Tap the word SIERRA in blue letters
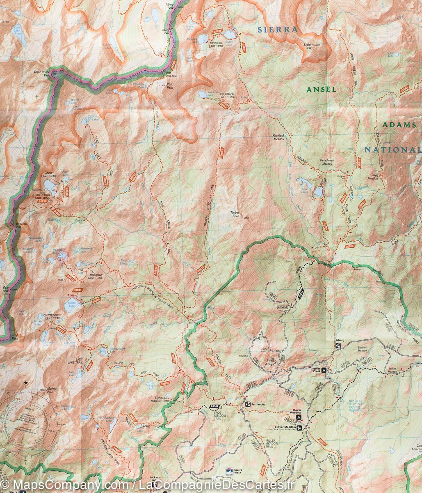pyautogui.click(x=277, y=29)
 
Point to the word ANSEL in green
pyautogui.click(x=322, y=89)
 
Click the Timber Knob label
pyautogui.click(x=235, y=214)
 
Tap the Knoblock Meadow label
pyautogui.click(x=278, y=137)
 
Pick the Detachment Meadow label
pyautogui.click(x=327, y=162)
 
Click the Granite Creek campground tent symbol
pyautogui.click(x=324, y=370)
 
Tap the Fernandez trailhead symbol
pyautogui.click(x=248, y=405)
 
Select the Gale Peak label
pyautogui.click(x=5, y=289)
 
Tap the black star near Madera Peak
pyautogui.click(x=26, y=382)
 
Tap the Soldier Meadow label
pyautogui.click(x=362, y=350)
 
